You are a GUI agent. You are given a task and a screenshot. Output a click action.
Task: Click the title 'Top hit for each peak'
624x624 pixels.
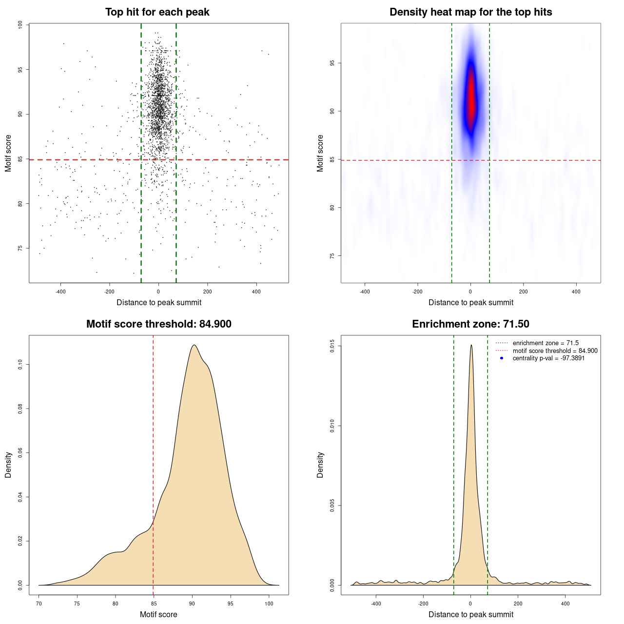point(157,12)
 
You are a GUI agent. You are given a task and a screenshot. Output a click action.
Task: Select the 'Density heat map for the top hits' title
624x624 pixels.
point(470,12)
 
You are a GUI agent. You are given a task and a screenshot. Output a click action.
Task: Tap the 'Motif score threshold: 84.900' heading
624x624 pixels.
point(158,324)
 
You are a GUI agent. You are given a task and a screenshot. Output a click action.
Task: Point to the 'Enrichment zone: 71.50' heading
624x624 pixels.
point(470,324)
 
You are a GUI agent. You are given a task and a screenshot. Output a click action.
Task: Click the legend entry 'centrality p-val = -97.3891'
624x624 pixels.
point(548,358)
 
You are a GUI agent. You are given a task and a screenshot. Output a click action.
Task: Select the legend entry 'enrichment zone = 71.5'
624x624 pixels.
point(546,343)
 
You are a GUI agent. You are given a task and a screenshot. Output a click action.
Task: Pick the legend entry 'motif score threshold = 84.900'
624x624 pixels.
point(555,351)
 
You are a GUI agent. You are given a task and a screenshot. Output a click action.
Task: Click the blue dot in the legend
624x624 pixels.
point(502,358)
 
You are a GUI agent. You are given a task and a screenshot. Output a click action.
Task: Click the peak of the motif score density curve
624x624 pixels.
point(194,345)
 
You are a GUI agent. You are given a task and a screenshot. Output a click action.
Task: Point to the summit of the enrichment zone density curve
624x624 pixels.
point(471,345)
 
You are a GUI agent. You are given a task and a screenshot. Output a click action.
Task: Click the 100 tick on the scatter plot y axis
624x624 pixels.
point(20,25)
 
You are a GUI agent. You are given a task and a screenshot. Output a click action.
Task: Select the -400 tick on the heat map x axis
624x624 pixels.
point(365,292)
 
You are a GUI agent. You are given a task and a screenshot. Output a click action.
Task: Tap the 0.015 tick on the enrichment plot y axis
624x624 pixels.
point(332,347)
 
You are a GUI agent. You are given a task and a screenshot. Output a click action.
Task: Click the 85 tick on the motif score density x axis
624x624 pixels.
point(154,604)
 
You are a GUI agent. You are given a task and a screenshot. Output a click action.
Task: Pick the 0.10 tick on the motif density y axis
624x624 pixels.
point(20,364)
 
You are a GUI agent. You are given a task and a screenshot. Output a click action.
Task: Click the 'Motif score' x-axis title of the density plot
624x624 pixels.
point(158,614)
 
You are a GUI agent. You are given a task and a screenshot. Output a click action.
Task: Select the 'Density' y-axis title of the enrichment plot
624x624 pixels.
point(320,465)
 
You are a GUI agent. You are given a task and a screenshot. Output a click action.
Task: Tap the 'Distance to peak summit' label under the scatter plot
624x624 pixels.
point(159,303)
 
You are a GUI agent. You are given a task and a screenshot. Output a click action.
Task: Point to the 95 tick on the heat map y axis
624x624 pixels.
point(332,63)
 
